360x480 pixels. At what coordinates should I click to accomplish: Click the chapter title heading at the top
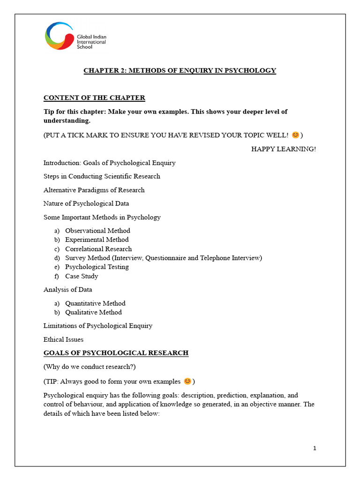coord(180,71)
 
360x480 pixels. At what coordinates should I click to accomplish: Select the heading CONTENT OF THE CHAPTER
coord(94,98)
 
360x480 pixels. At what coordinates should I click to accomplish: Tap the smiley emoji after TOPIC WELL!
coord(295,135)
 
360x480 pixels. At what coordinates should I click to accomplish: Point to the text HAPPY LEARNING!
coord(284,149)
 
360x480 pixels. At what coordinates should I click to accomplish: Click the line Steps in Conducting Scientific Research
coord(102,176)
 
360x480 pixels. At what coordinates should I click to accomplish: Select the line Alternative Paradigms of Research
coord(94,190)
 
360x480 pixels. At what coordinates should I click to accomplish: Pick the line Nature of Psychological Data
coord(86,203)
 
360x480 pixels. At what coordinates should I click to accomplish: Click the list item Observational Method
coord(97,231)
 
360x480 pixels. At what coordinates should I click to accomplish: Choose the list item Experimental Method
coord(97,240)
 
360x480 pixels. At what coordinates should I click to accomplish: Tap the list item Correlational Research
coord(98,249)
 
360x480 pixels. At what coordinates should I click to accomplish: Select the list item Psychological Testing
coord(97,267)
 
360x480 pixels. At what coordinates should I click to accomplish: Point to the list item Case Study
coord(82,276)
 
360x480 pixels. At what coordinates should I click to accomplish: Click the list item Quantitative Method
coord(95,303)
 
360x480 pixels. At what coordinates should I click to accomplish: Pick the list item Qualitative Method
coord(93,312)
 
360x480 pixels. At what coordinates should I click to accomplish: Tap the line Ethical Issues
coord(63,339)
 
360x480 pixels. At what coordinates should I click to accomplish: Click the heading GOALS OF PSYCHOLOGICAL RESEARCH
coord(116,353)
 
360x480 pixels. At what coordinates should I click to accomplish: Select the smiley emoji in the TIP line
coord(187,380)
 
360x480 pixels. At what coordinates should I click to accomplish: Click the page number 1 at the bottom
coord(315,449)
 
